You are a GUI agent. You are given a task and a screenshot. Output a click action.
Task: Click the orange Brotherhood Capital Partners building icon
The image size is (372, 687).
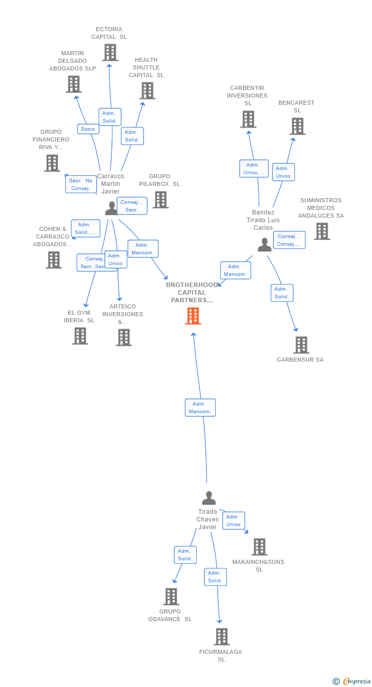click(x=193, y=316)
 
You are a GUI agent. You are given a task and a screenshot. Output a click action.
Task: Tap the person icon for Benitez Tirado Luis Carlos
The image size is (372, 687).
click(x=264, y=245)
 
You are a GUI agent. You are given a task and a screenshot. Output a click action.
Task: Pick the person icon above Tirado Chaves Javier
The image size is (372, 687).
click(x=208, y=498)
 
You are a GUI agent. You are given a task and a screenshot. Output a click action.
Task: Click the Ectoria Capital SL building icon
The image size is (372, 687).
click(x=110, y=53)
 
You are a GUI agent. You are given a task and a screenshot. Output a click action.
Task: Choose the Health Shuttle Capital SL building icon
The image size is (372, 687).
click(x=147, y=91)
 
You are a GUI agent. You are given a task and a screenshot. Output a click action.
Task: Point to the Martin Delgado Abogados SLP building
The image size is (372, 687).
click(x=74, y=84)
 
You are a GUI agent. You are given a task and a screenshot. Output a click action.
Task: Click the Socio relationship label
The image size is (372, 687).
click(x=88, y=129)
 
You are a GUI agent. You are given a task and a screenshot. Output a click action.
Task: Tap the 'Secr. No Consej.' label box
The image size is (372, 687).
click(x=81, y=184)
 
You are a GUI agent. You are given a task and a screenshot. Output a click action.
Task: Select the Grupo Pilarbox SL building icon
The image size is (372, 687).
click(x=160, y=200)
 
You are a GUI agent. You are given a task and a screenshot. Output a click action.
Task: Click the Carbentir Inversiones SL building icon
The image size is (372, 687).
click(x=248, y=120)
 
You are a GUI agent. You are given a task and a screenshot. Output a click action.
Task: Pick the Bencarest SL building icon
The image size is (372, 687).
click(x=297, y=126)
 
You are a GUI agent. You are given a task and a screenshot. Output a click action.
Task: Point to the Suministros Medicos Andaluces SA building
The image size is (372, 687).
click(x=321, y=231)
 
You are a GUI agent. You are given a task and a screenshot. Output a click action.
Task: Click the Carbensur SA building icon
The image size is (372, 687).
click(x=301, y=345)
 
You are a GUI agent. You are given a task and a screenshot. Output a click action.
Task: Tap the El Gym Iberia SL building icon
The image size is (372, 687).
click(x=80, y=336)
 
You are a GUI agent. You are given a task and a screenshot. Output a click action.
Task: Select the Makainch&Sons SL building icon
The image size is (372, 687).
click(x=259, y=547)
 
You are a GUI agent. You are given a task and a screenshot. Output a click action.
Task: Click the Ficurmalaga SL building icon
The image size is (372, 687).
click(x=221, y=637)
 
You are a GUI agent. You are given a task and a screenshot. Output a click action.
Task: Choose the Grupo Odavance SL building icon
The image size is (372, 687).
click(x=171, y=597)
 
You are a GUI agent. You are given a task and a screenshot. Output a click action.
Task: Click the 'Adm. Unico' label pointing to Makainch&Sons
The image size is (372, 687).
click(x=234, y=520)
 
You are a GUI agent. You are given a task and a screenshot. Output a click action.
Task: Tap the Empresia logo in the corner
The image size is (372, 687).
click(x=353, y=681)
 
